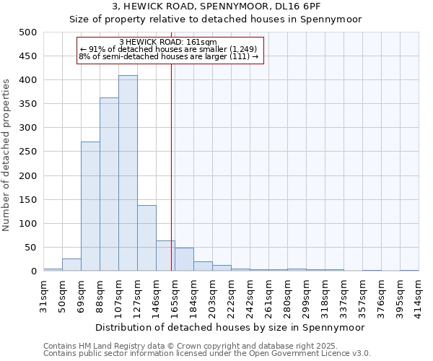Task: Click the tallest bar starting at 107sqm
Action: click(128, 173)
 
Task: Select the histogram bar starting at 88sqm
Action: click(109, 184)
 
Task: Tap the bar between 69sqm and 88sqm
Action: click(90, 206)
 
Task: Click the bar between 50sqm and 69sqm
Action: click(71, 265)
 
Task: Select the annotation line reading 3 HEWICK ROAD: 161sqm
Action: click(172, 43)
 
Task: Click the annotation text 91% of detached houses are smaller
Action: click(173, 49)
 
